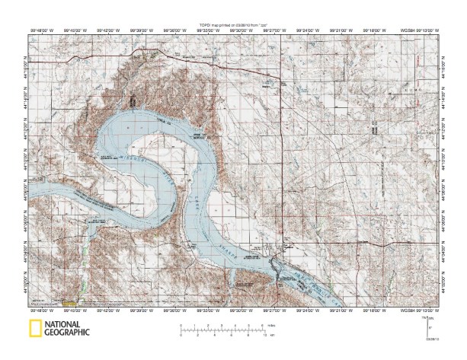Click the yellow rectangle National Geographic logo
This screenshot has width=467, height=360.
(35, 329)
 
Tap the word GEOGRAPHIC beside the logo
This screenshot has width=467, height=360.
(67, 333)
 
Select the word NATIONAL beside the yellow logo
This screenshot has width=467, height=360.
(63, 325)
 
